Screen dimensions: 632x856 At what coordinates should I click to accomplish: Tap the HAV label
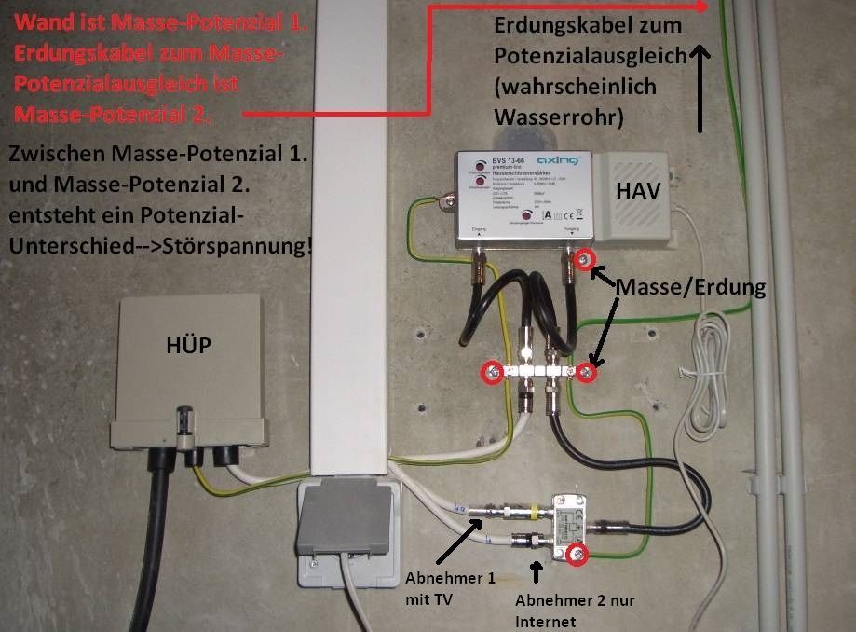point(638,191)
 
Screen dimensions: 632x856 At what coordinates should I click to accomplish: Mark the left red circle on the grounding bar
point(490,373)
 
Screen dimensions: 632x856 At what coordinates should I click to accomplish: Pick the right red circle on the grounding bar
point(585,373)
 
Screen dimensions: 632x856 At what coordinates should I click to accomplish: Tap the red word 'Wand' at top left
point(42,21)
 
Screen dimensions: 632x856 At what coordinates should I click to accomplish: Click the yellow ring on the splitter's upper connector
point(534,512)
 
